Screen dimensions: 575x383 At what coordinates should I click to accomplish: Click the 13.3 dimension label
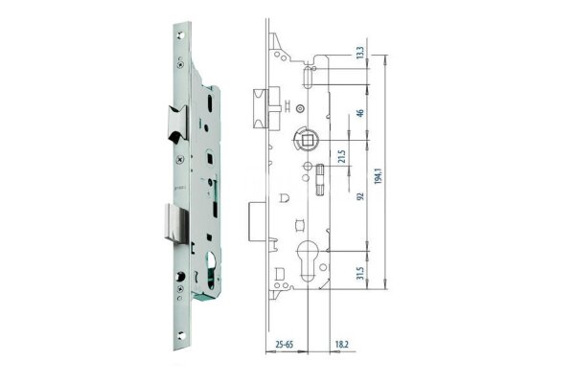click(359, 53)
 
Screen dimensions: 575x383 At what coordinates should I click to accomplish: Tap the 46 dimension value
click(360, 113)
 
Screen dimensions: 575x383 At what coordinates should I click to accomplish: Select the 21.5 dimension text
click(342, 156)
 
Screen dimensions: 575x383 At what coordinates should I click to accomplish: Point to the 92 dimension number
click(361, 196)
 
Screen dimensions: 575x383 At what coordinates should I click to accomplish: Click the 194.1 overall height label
click(379, 176)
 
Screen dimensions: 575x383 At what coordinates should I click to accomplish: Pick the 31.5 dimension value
click(360, 273)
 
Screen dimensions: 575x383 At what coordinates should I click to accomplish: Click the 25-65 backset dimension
click(285, 345)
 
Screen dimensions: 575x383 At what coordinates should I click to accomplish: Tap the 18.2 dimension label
click(341, 345)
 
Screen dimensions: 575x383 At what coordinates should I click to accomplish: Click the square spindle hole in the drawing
click(308, 140)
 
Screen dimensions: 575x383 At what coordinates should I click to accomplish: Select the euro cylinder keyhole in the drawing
click(308, 260)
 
